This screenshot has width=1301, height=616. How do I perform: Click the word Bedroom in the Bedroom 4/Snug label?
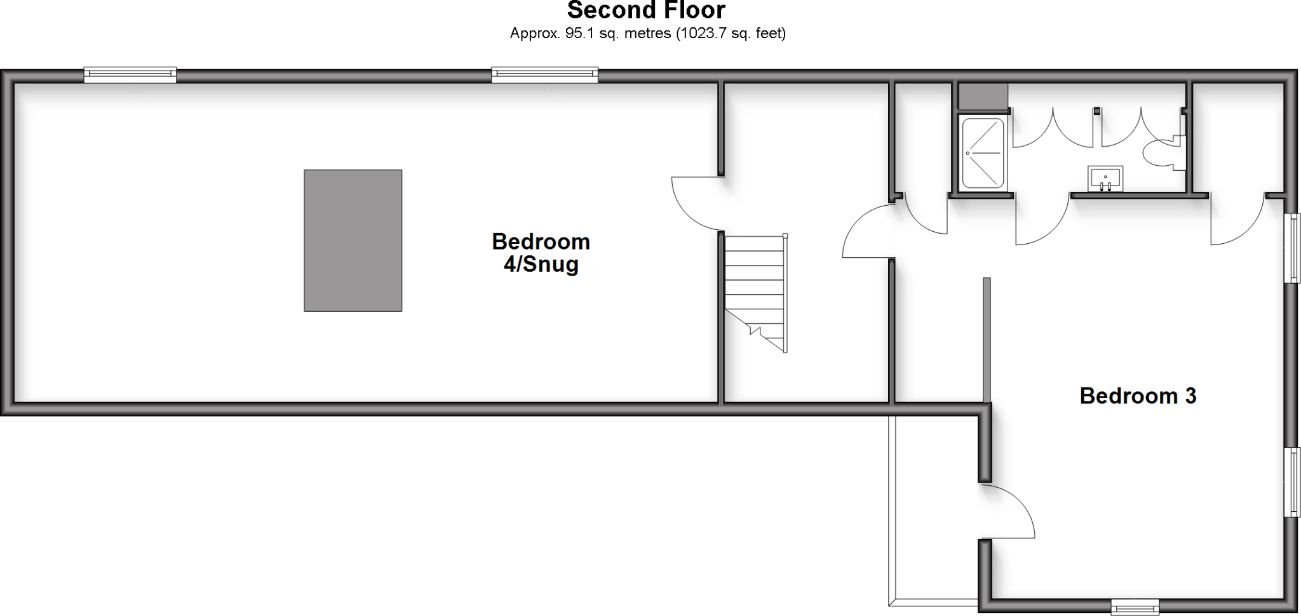541,241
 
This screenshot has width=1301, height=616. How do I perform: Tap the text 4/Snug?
541,264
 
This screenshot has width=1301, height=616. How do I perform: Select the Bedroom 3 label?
1138,396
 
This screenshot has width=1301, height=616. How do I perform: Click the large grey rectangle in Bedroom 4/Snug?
353,240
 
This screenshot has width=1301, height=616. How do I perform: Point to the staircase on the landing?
755,292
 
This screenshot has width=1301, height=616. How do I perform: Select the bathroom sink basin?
1106,177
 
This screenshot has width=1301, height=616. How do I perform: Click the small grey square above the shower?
982,95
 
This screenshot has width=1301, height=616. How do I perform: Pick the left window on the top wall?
130,76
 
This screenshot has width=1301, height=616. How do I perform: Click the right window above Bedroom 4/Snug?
544,76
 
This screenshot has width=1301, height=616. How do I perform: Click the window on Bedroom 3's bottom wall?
1135,607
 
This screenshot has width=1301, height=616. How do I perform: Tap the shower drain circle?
968,153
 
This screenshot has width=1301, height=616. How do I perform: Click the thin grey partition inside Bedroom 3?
987,340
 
